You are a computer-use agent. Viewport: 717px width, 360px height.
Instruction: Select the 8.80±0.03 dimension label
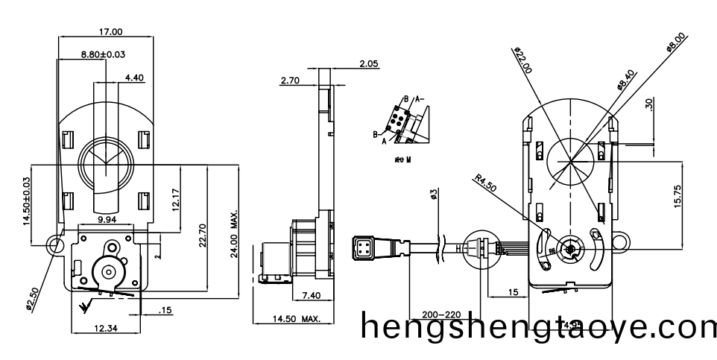(x=103, y=54)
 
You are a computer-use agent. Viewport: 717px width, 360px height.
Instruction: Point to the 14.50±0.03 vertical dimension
(x=28, y=201)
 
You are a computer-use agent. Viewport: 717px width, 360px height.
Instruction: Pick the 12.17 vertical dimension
(x=174, y=198)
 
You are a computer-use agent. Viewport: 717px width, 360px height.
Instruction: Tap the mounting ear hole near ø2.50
(x=54, y=244)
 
